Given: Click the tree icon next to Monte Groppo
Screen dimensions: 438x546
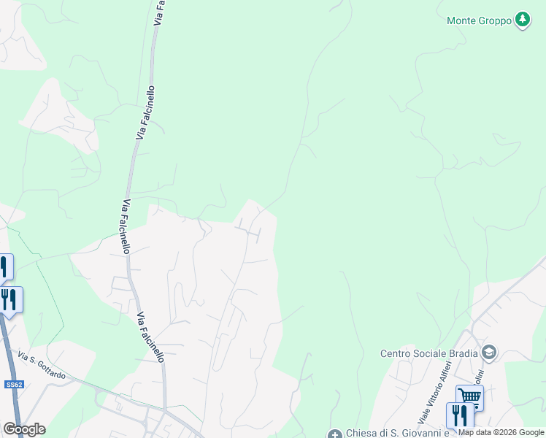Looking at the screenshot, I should [522, 20].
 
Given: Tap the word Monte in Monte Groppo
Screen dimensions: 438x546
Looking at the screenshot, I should [461, 21].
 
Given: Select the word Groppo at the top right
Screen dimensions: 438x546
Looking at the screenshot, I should [496, 21].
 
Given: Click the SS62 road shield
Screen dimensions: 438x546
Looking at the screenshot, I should [13, 384].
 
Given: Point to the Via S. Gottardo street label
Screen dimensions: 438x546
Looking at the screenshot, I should [41, 366].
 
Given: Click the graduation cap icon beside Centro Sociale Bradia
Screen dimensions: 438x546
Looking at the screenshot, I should [488, 354].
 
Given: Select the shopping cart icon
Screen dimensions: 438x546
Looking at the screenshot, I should [469, 396].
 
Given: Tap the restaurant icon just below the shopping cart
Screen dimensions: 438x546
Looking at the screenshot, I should [459, 415].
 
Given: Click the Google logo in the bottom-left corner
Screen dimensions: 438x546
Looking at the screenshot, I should [24, 429].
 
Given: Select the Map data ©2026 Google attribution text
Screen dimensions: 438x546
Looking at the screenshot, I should [501, 432].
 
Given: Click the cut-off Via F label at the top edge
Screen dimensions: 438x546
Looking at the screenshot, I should [158, 13].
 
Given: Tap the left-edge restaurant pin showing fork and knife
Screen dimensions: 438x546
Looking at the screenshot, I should [9, 299].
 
